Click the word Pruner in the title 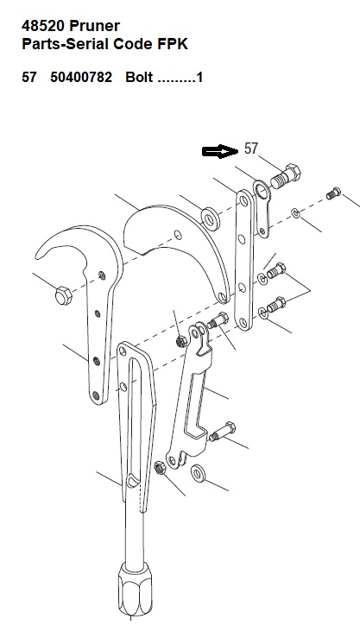(x=94, y=26)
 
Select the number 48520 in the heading (x=43, y=26)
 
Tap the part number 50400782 (x=81, y=77)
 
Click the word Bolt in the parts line (x=139, y=77)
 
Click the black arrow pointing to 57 (x=219, y=151)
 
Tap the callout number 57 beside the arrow (x=250, y=149)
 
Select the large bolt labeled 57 (x=285, y=176)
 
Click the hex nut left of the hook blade (x=63, y=296)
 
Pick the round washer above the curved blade (x=211, y=219)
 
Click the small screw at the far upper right (x=333, y=193)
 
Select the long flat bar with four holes (x=243, y=261)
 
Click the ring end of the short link (x=262, y=191)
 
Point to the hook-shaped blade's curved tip (x=39, y=255)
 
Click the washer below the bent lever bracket (x=198, y=472)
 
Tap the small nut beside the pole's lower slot (x=159, y=468)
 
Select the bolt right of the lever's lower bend (x=222, y=432)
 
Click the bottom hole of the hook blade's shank (x=96, y=395)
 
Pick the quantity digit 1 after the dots (x=199, y=77)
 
